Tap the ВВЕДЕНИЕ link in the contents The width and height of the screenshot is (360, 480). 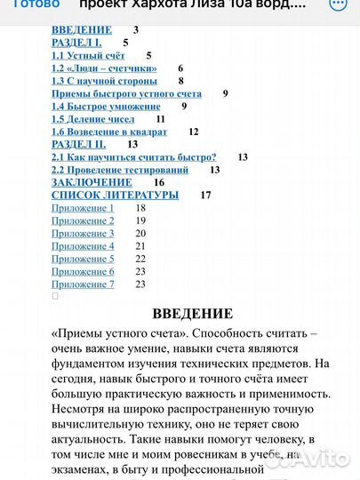pyautogui.click(x=82, y=30)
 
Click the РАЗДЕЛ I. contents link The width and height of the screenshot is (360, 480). pyautogui.click(x=77, y=43)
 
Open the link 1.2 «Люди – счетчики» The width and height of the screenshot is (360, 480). pyautogui.click(x=104, y=68)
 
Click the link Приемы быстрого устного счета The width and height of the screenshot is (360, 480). pyautogui.click(x=126, y=93)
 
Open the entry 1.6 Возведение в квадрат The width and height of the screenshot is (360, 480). pyautogui.click(x=110, y=131)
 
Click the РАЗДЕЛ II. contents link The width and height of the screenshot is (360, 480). pyautogui.click(x=79, y=143)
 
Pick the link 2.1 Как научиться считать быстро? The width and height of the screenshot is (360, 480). pyautogui.click(x=133, y=156)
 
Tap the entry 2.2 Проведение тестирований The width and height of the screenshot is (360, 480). pyautogui.click(x=120, y=169)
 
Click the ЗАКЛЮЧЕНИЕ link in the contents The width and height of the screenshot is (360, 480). pyautogui.click(x=92, y=182)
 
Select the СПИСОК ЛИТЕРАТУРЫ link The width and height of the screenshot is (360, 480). pyautogui.click(x=115, y=195)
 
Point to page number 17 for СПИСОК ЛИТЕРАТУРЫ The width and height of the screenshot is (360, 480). pyautogui.click(x=206, y=195)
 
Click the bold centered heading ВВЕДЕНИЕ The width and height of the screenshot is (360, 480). pyautogui.click(x=193, y=313)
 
